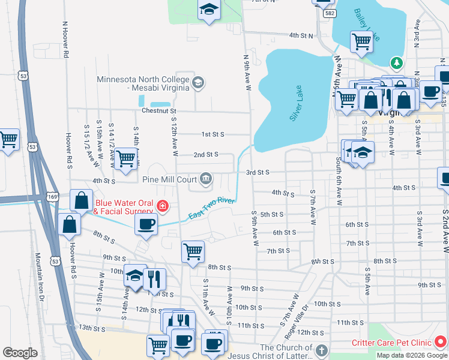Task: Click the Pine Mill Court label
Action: pyautogui.click(x=170, y=178)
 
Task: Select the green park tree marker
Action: pyautogui.click(x=396, y=62)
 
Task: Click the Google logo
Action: pyautogui.click(x=20, y=353)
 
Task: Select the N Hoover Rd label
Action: pyautogui.click(x=64, y=40)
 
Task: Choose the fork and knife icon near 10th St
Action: pyautogui.click(x=155, y=277)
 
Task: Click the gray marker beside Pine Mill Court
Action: pyautogui.click(x=206, y=178)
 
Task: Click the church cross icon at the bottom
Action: pyautogui.click(x=321, y=350)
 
